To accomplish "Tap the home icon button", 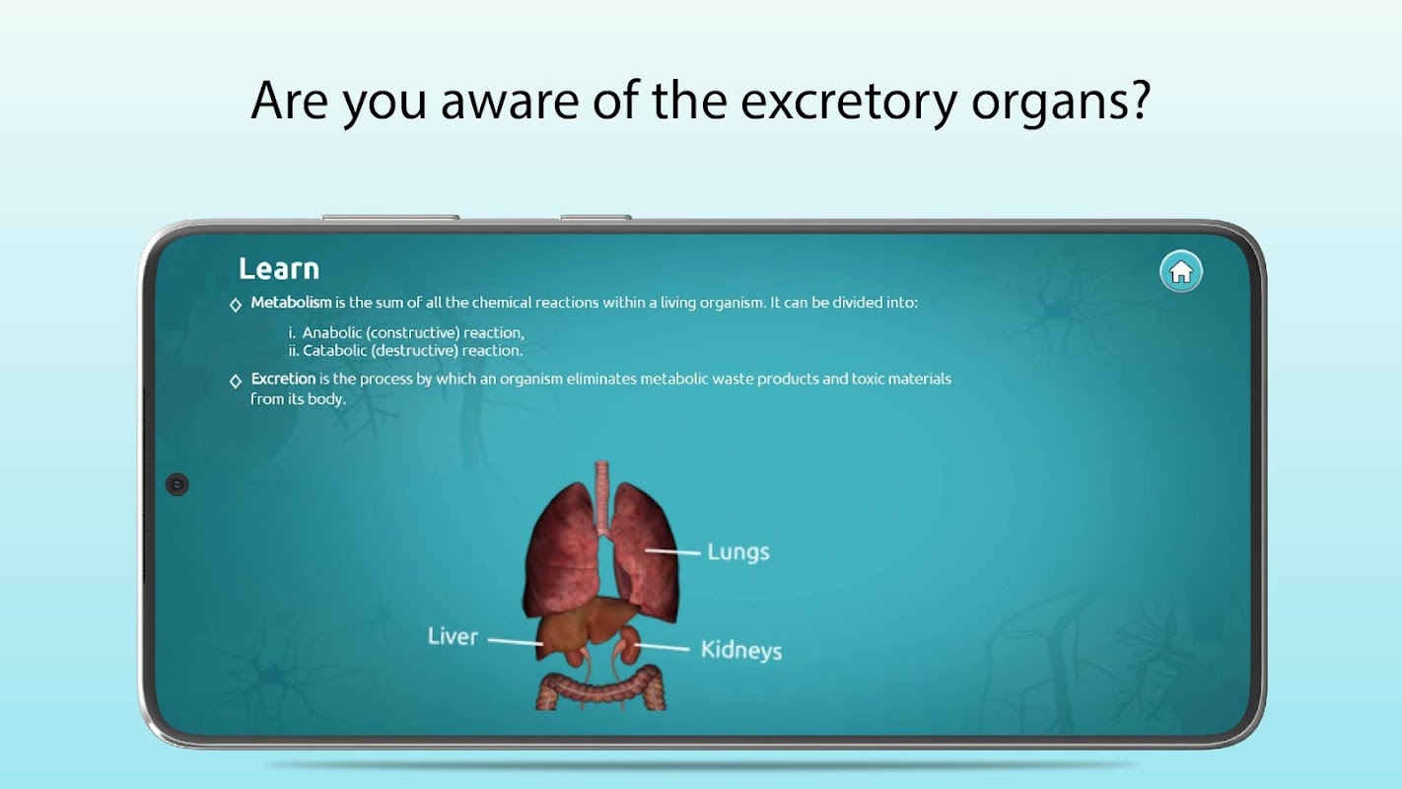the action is [x=1180, y=272].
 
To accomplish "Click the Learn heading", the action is [x=279, y=269].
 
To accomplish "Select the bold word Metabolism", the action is [x=291, y=303].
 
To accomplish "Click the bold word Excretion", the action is [x=283, y=379].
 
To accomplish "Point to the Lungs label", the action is [x=738, y=552].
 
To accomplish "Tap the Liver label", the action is [x=453, y=637].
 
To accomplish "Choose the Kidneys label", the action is [x=741, y=650].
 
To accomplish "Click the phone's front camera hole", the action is [x=177, y=484].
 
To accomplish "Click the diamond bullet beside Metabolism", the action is [x=236, y=305].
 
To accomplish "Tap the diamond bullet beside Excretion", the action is [x=236, y=381].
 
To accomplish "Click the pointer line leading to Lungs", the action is [x=672, y=552].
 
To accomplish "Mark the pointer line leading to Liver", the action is [x=515, y=642].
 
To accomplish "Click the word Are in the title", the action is [x=289, y=101].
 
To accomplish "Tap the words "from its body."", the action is [x=298, y=398].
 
